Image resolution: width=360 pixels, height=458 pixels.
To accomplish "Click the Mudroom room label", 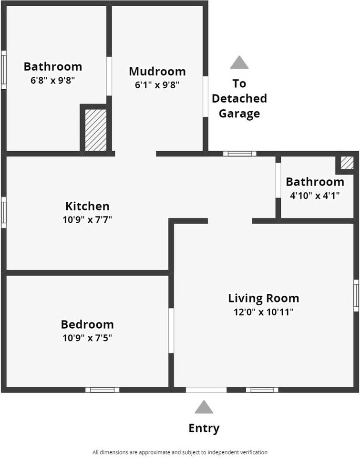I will pyautogui.click(x=157, y=72).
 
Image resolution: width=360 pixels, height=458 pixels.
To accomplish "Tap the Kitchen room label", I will pyautogui.click(x=87, y=206).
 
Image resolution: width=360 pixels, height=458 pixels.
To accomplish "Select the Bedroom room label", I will pyautogui.click(x=87, y=324).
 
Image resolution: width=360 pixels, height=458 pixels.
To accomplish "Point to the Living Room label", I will pyautogui.click(x=263, y=298).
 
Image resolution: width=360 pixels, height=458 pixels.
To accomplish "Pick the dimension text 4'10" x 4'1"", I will pyautogui.click(x=315, y=195).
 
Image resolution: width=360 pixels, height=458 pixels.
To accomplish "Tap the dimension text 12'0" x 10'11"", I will pyautogui.click(x=263, y=312).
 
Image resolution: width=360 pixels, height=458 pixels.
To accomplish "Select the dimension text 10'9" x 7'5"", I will pyautogui.click(x=87, y=338).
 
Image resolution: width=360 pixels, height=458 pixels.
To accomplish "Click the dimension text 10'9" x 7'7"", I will pyautogui.click(x=87, y=220).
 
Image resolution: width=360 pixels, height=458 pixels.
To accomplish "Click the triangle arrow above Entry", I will pyautogui.click(x=204, y=407).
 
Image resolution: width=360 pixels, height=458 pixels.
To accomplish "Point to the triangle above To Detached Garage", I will pyautogui.click(x=239, y=63).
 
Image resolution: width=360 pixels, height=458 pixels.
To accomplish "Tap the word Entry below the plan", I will pyautogui.click(x=204, y=428).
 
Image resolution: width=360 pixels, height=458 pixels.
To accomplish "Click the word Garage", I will pyautogui.click(x=239, y=114).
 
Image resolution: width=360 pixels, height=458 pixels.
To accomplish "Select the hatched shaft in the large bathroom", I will pyautogui.click(x=95, y=130).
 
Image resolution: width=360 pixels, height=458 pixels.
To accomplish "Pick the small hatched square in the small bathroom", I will pyautogui.click(x=347, y=163).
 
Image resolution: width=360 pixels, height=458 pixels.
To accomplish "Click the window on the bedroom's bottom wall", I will pyautogui.click(x=103, y=390).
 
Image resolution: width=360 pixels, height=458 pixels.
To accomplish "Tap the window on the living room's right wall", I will pyautogui.click(x=356, y=296).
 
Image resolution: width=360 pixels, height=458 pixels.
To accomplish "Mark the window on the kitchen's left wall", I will pyautogui.click(x=4, y=212).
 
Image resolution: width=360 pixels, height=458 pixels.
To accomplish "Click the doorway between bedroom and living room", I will pyautogui.click(x=171, y=331).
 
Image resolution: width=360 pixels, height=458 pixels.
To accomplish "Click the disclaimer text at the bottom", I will pyautogui.click(x=180, y=452).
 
